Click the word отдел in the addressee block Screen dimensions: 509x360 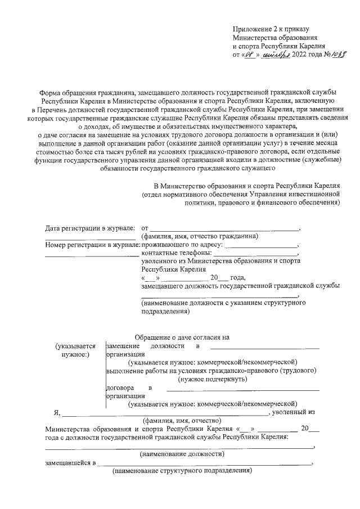pos(155,194)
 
